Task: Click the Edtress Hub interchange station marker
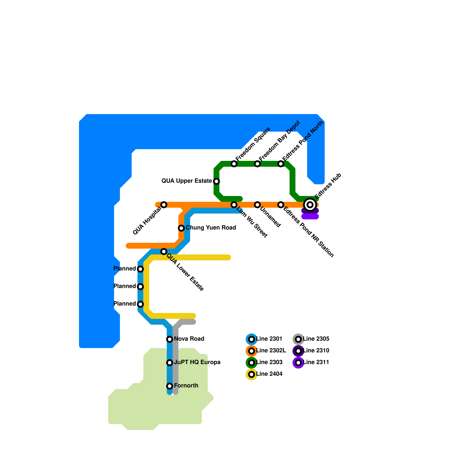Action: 310,204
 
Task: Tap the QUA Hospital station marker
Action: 164,204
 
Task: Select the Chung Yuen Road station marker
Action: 181,228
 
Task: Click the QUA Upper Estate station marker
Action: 216,181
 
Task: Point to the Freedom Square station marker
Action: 234,164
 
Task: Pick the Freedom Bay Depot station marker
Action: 257,164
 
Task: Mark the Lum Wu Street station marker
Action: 234,204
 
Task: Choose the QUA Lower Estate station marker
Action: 164,251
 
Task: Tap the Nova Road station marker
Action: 170,339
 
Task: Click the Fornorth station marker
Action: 170,386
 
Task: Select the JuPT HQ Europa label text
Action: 197,362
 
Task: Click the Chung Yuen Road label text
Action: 211,228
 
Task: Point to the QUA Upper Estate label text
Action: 187,181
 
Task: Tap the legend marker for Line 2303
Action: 252,362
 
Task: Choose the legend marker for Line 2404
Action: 252,374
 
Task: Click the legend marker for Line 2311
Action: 298,362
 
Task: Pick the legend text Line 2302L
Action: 271,350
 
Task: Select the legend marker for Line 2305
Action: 298,339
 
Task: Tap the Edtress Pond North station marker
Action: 281,164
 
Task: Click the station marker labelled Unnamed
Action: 257,204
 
